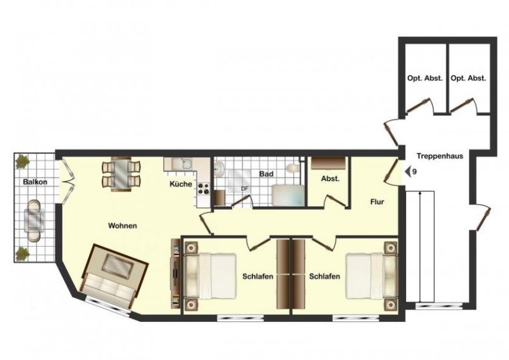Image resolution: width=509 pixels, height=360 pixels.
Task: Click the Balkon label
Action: [36, 183]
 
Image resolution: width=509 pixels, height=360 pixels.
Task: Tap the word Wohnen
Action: [122, 226]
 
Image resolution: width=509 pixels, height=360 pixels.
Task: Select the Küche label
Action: [181, 184]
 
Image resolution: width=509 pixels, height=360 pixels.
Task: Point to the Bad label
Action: [266, 173]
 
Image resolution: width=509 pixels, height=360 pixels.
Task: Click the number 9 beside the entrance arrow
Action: [414, 172]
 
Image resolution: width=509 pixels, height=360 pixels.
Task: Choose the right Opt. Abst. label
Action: [468, 78]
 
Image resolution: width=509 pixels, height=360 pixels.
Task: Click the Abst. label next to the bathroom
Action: [330, 179]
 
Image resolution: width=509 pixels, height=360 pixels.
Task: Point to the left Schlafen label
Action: [258, 277]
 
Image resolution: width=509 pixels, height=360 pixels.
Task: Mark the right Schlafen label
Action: [324, 277]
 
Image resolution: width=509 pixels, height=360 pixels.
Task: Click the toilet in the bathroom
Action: [292, 169]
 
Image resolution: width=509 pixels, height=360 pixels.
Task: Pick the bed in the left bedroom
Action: [209, 277]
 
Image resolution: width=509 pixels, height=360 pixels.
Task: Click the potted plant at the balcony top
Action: [22, 160]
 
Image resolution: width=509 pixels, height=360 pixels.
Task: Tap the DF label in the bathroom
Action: [244, 189]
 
